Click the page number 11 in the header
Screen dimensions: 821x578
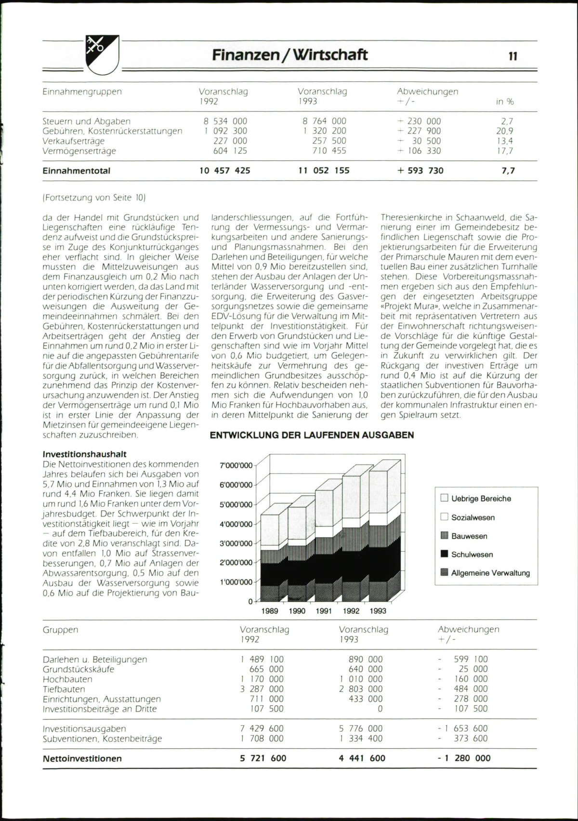pyautogui.click(x=513, y=56)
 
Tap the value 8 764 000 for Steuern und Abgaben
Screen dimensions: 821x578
pyautogui.click(x=324, y=121)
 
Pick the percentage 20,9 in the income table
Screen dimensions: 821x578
pyautogui.click(x=504, y=131)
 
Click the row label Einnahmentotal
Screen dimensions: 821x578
pyautogui.click(x=77, y=171)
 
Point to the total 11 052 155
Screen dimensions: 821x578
pyautogui.click(x=324, y=171)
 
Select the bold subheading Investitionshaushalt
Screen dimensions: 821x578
pyautogui.click(x=85, y=454)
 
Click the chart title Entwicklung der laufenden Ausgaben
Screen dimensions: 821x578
pyautogui.click(x=312, y=435)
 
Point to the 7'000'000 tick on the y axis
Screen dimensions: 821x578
pyautogui.click(x=236, y=465)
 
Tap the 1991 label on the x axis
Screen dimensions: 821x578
pyautogui.click(x=324, y=611)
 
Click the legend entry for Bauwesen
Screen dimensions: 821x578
pyautogui.click(x=469, y=536)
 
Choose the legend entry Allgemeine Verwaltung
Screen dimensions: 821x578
pyautogui.click(x=490, y=573)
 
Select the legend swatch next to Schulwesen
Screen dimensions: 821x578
pyautogui.click(x=445, y=555)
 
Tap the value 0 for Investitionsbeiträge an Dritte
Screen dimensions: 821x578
pyautogui.click(x=380, y=709)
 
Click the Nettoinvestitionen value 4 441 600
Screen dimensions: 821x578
pyautogui.click(x=362, y=758)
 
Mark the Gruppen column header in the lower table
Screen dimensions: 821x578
pyautogui.click(x=60, y=630)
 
